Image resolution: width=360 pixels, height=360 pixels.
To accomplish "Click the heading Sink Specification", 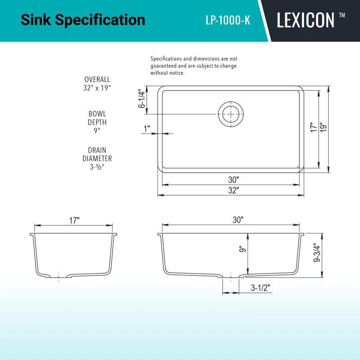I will coord(83,20).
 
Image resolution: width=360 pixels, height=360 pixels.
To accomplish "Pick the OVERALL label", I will coord(97,80).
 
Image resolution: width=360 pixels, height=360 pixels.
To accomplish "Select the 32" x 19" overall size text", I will coord(97,88).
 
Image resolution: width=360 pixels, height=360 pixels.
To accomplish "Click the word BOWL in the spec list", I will coord(97,114).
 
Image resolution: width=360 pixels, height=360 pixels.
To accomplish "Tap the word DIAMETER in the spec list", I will coord(97,158).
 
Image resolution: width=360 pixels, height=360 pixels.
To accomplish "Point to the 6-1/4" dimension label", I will coord(143,98).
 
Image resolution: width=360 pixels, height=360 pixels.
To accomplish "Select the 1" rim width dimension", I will coord(147,129).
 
